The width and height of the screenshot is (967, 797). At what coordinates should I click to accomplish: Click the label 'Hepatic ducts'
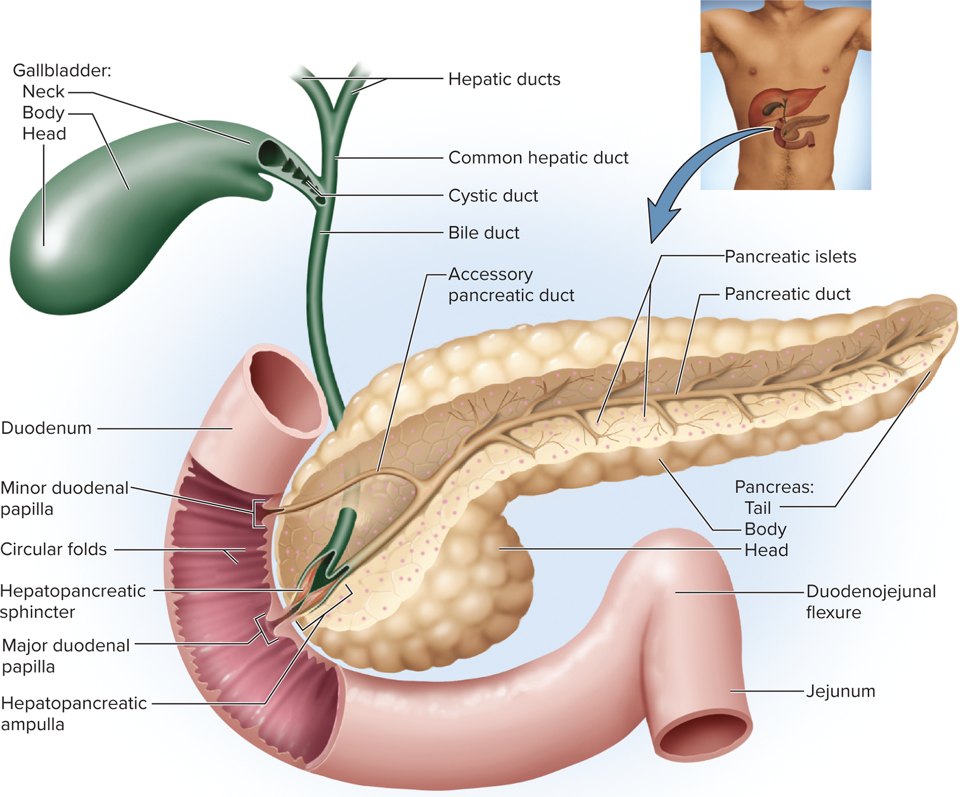(504, 79)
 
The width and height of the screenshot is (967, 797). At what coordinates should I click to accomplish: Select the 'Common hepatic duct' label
(538, 158)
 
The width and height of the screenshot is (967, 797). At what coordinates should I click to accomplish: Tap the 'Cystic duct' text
(493, 195)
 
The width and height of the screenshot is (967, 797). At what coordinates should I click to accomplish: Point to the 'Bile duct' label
(483, 233)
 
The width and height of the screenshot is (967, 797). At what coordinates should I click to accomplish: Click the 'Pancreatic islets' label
(790, 257)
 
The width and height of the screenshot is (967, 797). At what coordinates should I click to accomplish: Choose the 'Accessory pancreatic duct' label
(511, 284)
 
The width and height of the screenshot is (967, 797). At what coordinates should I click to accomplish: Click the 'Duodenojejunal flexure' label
(871, 602)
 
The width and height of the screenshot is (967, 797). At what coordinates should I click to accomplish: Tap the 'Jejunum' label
(841, 691)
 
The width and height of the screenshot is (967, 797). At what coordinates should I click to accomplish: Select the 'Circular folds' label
(53, 549)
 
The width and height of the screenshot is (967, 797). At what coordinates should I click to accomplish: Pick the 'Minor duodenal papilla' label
(64, 498)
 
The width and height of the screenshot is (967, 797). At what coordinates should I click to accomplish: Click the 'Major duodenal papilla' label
(66, 656)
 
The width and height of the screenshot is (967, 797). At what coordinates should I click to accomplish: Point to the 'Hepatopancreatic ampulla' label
(74, 713)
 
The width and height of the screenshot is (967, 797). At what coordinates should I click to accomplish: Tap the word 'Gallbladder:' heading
(62, 70)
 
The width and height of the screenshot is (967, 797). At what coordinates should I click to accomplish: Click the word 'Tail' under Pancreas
(757, 508)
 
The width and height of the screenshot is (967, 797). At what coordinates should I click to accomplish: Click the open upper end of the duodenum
(285, 390)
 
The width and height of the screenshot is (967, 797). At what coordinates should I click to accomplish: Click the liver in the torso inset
(781, 103)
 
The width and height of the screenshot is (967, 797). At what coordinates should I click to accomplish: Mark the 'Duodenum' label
(46, 428)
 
